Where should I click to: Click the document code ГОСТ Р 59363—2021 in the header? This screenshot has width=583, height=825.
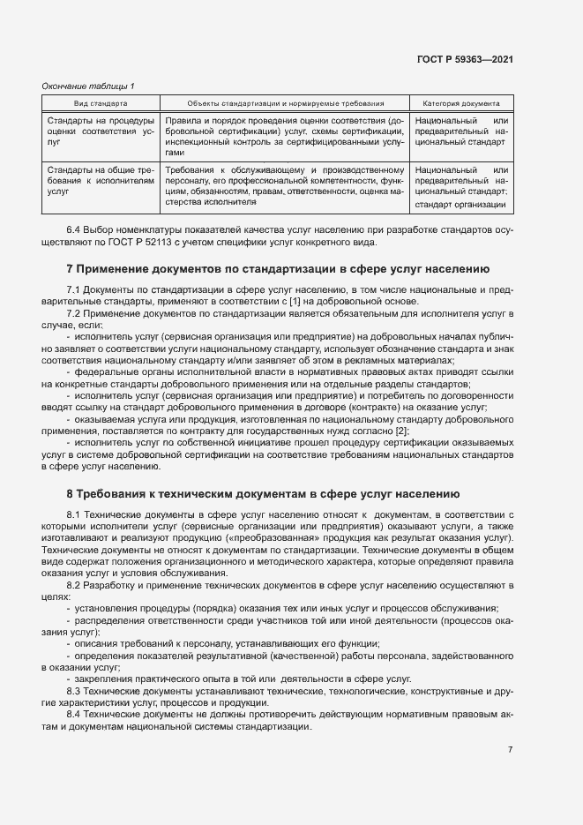[x=465, y=59]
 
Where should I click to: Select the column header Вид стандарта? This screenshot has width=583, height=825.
[x=99, y=103]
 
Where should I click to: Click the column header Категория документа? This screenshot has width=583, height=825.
[x=461, y=103]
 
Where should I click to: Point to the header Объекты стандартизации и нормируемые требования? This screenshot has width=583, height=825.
[x=284, y=103]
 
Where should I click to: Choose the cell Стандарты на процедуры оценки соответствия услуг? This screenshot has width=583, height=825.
[x=100, y=130]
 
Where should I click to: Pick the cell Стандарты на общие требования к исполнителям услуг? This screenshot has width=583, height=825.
[x=100, y=179]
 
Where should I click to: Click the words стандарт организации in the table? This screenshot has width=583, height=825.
[x=460, y=205]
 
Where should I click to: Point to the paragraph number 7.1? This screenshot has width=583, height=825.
[x=74, y=289]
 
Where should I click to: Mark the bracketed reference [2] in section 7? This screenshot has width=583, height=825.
[x=401, y=430]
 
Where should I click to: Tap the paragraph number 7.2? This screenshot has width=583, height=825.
[x=74, y=312]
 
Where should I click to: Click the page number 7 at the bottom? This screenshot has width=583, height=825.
[x=510, y=750]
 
